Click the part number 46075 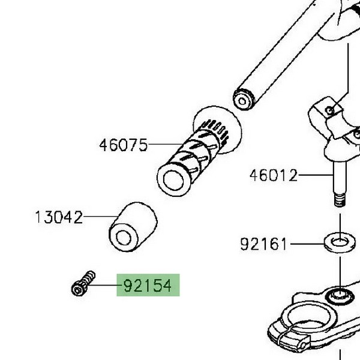click(123, 145)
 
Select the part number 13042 click(59, 217)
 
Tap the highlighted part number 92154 click(148, 286)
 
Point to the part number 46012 click(274, 175)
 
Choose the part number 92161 click(263, 244)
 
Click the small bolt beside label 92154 click(83, 283)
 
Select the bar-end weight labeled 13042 click(133, 227)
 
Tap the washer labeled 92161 click(340, 243)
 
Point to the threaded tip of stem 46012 click(340, 200)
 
